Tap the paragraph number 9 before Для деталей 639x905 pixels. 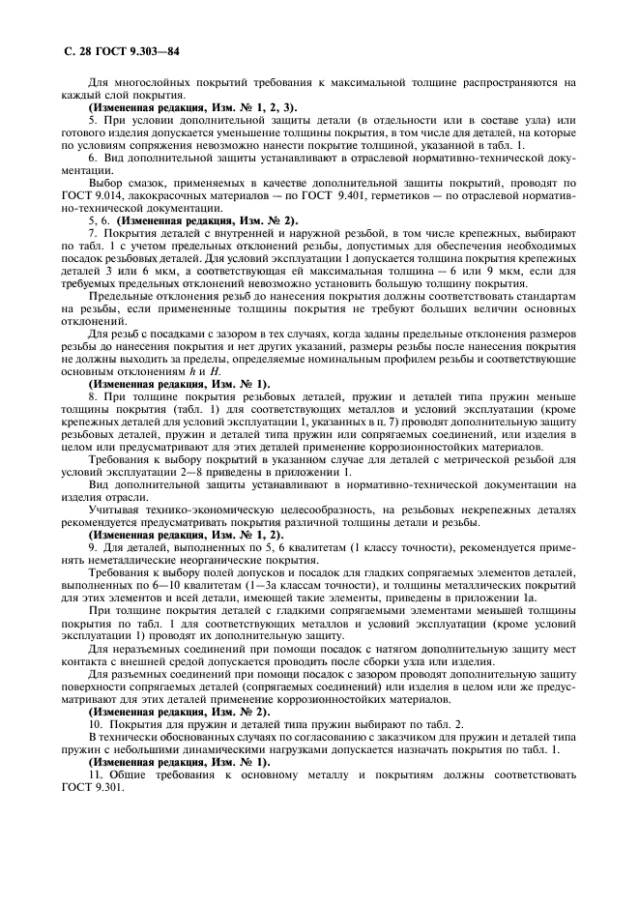(x=92, y=547)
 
